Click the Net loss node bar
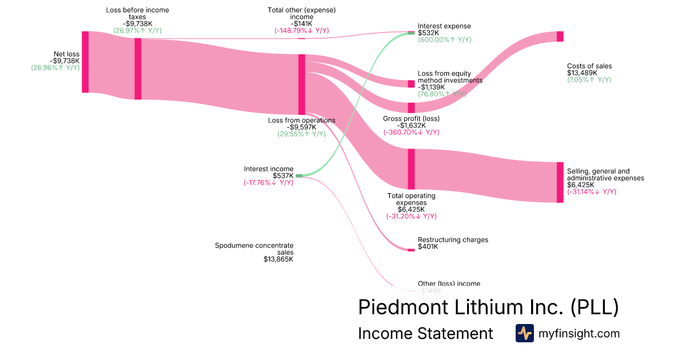(85, 62)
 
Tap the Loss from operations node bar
(302, 85)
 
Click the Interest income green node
(299, 176)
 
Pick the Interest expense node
(411, 33)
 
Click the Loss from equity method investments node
(411, 84)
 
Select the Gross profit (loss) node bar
(411, 107)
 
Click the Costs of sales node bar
(560, 37)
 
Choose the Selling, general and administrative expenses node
(560, 182)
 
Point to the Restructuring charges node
(411, 250)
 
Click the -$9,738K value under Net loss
(64, 61)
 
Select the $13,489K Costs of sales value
(582, 73)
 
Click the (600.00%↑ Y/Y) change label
(445, 40)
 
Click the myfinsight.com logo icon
(524, 333)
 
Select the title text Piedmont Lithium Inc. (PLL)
(488, 307)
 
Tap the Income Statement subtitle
(425, 333)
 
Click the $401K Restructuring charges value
(428, 247)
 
